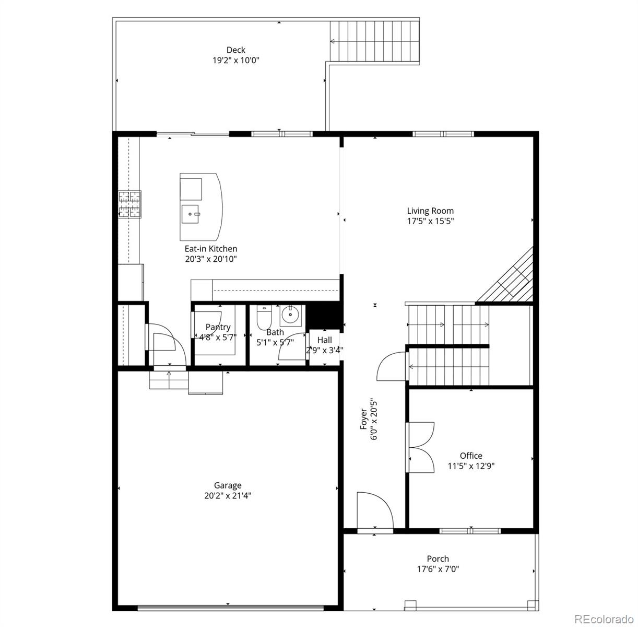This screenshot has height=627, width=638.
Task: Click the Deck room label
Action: [x=236, y=50]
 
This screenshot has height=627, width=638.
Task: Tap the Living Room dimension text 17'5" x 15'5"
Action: [x=430, y=221]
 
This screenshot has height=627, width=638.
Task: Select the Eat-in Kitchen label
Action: [x=211, y=249]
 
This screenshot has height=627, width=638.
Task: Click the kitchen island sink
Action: [x=191, y=214]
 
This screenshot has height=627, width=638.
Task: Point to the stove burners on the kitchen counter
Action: [x=130, y=204]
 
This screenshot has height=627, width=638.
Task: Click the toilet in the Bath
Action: [x=264, y=317]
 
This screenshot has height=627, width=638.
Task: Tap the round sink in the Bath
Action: [x=291, y=316]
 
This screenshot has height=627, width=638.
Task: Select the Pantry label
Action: [x=218, y=327]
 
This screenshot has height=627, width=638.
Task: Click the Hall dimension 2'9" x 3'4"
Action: [x=324, y=350]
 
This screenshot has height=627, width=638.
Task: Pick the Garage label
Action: [x=228, y=485]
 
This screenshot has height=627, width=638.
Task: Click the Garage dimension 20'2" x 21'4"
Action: [x=228, y=496]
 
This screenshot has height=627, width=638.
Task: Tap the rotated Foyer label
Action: [x=363, y=419]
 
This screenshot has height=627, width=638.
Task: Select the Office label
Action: [x=471, y=455]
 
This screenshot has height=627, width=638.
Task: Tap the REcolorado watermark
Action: [x=604, y=619]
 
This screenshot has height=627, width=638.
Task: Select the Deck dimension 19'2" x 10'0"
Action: [x=236, y=60]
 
